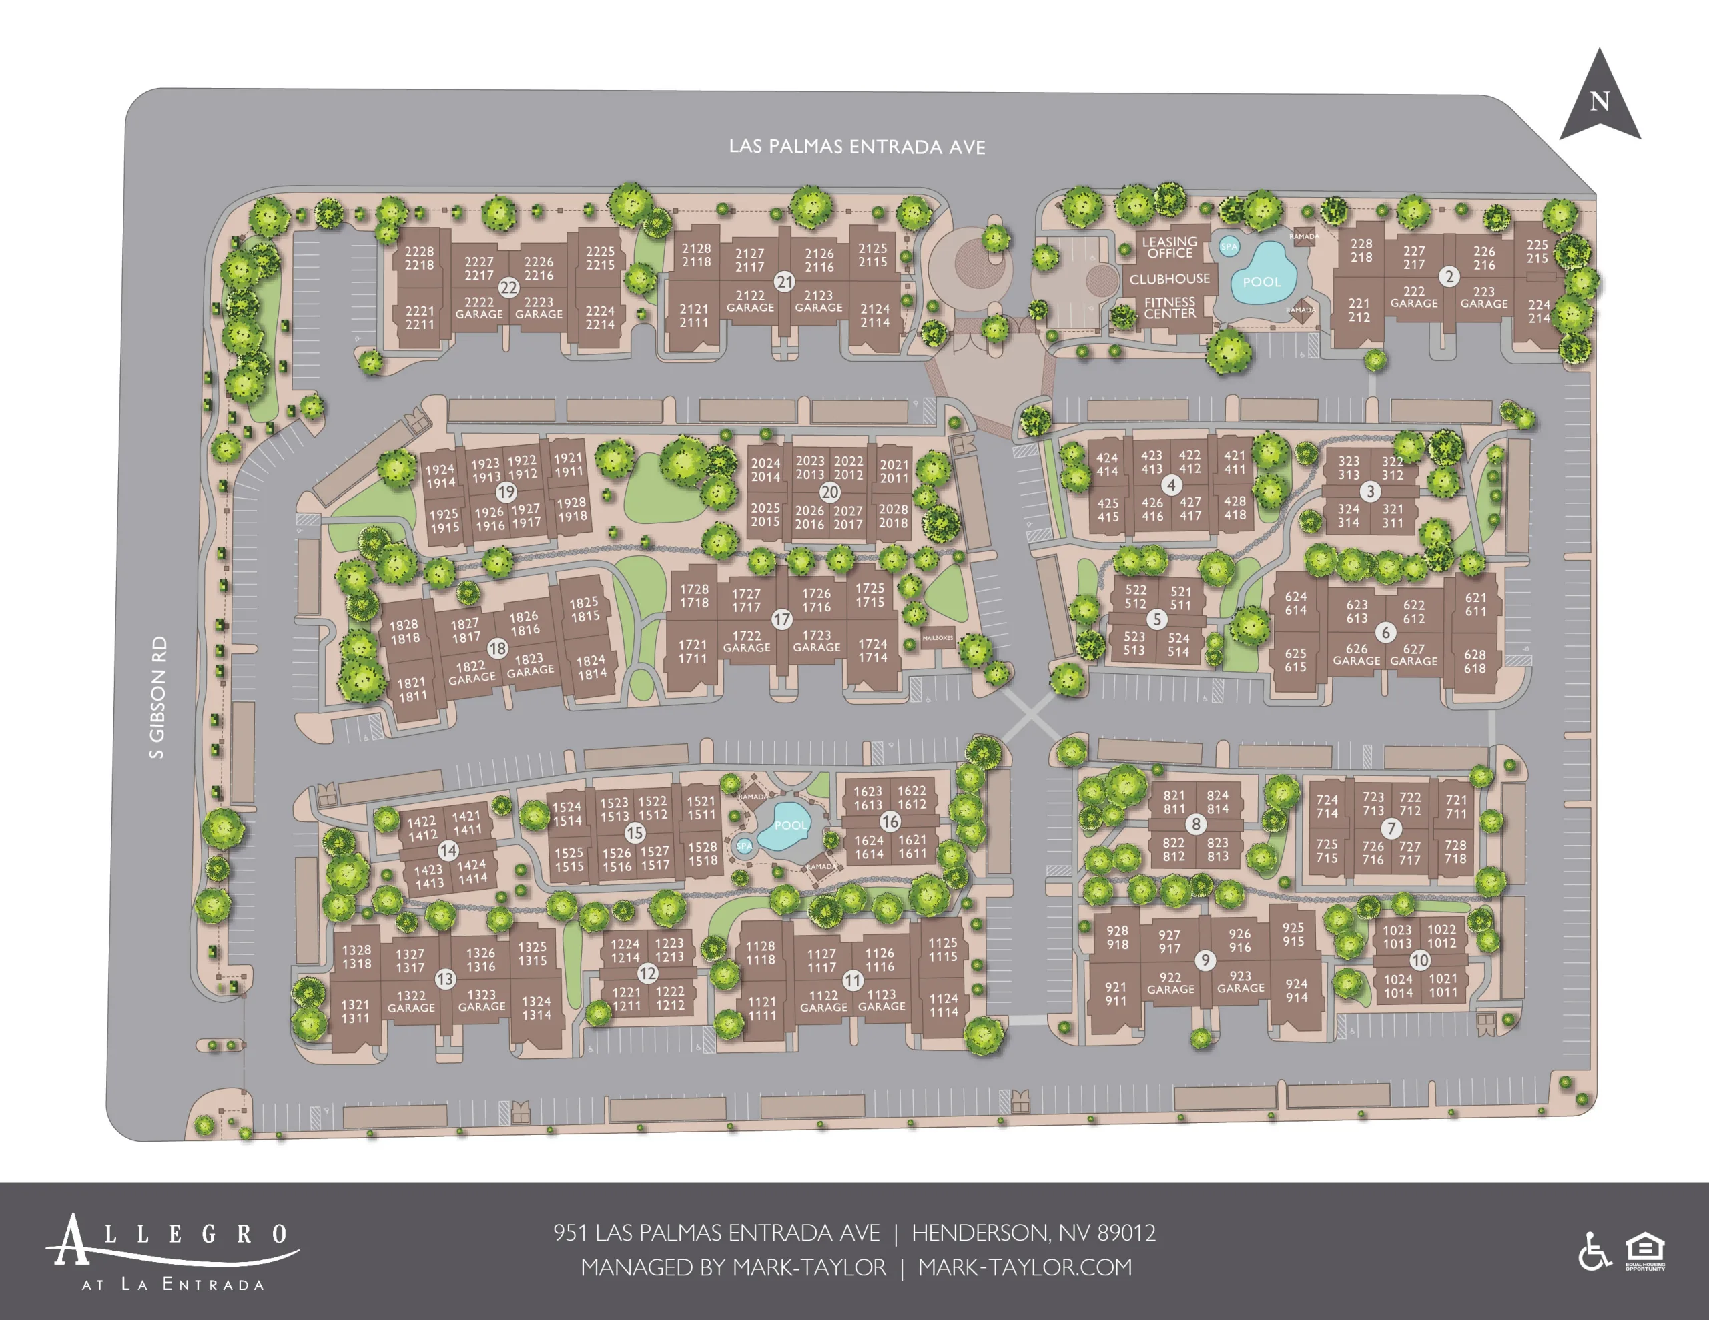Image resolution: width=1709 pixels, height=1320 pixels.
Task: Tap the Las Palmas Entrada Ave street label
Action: [x=857, y=147]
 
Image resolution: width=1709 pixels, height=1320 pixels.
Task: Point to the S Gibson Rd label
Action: [x=158, y=697]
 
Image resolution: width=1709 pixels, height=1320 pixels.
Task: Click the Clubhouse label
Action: [x=1169, y=278]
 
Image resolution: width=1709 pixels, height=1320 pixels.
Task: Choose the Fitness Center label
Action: [x=1169, y=308]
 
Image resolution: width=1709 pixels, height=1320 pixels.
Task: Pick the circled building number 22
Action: [x=508, y=287]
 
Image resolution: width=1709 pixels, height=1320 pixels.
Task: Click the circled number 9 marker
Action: [x=1205, y=960]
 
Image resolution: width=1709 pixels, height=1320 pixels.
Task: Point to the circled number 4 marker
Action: [x=1170, y=486]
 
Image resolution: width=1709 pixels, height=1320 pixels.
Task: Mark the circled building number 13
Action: [x=445, y=979]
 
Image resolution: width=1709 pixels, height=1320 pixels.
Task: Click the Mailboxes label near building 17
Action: [x=938, y=638]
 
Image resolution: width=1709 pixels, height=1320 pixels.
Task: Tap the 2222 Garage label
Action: [x=479, y=308]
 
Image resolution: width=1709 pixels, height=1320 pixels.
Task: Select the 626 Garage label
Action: [x=1356, y=655]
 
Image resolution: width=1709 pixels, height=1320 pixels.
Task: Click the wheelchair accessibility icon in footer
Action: [x=1594, y=1251]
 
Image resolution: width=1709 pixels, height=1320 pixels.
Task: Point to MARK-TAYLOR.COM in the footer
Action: [x=1024, y=1267]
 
